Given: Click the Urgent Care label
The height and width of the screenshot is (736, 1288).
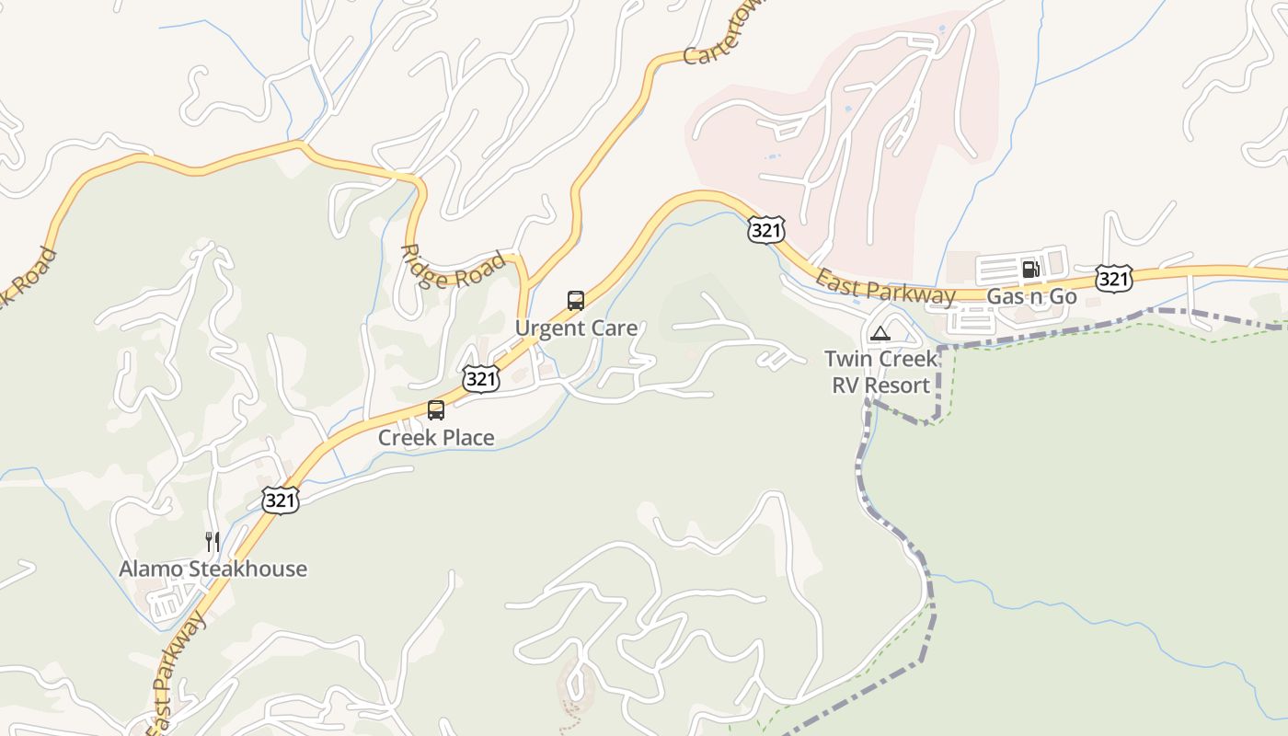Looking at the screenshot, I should click(576, 328).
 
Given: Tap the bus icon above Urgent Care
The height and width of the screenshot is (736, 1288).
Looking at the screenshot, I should click(576, 301).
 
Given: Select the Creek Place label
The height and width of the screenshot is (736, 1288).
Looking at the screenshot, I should click(436, 438).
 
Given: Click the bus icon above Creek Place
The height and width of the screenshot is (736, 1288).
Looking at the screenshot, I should click(436, 410).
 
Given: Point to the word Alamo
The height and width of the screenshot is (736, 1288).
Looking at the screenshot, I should click(150, 569).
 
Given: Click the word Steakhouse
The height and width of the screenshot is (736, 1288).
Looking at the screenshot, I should click(247, 569).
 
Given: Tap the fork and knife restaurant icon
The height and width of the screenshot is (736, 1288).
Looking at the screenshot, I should click(213, 541).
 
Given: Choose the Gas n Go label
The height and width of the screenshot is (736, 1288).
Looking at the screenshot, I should click(1031, 296).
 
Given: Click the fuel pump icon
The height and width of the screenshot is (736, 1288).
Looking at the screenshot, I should click(1030, 269).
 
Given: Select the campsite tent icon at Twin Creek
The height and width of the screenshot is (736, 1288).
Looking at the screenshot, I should click(880, 333).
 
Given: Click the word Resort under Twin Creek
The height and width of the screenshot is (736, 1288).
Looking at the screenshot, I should click(901, 385).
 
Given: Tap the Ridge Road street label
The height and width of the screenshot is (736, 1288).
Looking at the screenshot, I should click(453, 267).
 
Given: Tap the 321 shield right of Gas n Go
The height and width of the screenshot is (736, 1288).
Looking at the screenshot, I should click(1113, 279).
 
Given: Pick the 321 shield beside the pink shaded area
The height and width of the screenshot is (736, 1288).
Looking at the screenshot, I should click(765, 230).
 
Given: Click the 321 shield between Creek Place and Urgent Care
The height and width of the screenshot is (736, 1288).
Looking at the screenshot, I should click(481, 379).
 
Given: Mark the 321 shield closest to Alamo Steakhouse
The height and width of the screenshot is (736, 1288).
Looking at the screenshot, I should click(281, 500).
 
